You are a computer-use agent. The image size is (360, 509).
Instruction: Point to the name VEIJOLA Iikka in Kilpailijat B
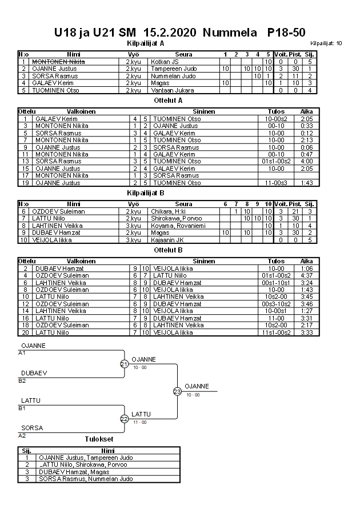pyautogui.click(x=54, y=240)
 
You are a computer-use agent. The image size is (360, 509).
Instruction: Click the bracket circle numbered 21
pyautogui.click(x=125, y=364)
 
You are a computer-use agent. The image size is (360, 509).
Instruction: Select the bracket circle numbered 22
pyautogui.click(x=125, y=419)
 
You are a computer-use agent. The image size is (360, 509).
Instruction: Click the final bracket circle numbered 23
pyautogui.click(x=177, y=391)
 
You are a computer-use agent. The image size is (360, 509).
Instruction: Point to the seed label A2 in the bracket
pyautogui.click(x=22, y=435)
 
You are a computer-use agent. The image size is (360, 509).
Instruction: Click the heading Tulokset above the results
pyautogui.click(x=99, y=439)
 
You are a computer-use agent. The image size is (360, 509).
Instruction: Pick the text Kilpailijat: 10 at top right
pyautogui.click(x=327, y=43)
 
